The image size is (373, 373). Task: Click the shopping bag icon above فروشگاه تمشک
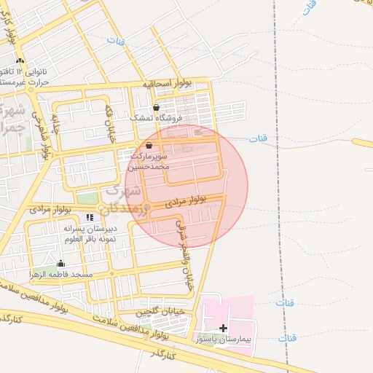coord(156,107)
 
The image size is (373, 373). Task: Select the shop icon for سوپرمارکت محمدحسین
coord(149,146)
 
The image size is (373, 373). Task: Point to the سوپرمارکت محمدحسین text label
coord(150,161)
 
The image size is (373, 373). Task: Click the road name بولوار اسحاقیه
coord(167,85)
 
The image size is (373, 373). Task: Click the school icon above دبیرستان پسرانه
coord(90,217)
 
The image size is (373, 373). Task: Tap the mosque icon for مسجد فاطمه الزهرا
coord(60,264)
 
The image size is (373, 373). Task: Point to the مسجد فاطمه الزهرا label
coord(60,274)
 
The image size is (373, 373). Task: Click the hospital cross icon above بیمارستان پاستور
coord(223,329)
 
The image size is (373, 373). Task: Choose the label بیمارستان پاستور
coord(224,339)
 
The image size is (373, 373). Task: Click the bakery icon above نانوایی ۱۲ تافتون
coord(20,60)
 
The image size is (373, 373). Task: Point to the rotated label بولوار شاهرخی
coord(47,139)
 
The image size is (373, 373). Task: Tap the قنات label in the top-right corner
coord(310,8)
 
